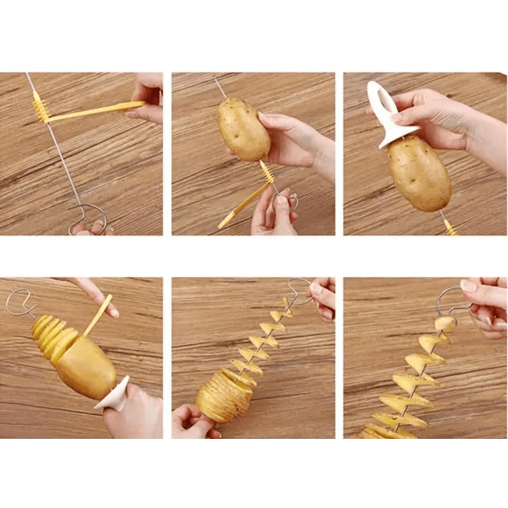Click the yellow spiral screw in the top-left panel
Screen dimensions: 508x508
pos(41,109)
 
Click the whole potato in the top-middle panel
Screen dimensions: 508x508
pos(243,129)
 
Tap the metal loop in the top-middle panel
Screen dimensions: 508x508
pos(292,200)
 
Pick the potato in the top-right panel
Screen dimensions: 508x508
pos(418,172)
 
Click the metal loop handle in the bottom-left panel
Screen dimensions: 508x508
pos(20,301)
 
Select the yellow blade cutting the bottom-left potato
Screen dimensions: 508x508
pos(98,315)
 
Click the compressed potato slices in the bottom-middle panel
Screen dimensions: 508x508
pos(224,397)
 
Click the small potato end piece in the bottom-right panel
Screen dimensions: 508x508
pos(445,324)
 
